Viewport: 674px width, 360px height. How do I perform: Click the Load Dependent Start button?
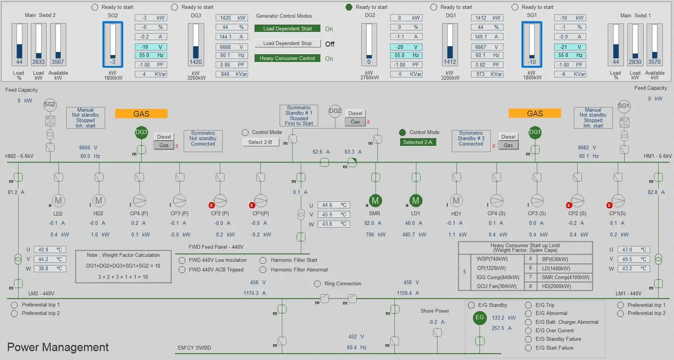[287, 28]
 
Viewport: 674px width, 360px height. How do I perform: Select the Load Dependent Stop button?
[287, 44]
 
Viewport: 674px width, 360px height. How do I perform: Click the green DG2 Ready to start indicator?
[349, 7]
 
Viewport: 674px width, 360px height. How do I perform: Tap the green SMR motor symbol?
[375, 201]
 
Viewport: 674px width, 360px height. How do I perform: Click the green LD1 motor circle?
[416, 201]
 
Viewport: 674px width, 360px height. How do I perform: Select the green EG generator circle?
[480, 318]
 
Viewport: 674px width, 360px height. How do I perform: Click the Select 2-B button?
[260, 142]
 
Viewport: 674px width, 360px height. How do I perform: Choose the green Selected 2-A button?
[417, 142]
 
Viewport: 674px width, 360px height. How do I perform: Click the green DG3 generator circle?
[141, 132]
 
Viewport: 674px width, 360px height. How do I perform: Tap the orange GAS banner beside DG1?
[535, 113]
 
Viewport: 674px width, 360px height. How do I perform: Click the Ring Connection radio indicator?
[317, 284]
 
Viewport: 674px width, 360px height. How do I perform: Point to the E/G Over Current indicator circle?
[528, 330]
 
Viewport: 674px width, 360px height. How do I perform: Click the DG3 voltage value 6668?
[226, 47]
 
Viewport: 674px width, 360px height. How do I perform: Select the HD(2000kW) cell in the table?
[556, 286]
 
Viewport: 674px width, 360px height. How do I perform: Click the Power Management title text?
[58, 347]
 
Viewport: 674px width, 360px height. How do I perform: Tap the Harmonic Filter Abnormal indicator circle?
[263, 270]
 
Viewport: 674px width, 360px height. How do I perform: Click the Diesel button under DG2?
[355, 113]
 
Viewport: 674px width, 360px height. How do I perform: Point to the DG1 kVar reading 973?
[480, 74]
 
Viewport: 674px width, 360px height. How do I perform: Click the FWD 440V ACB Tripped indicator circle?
[182, 270]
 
